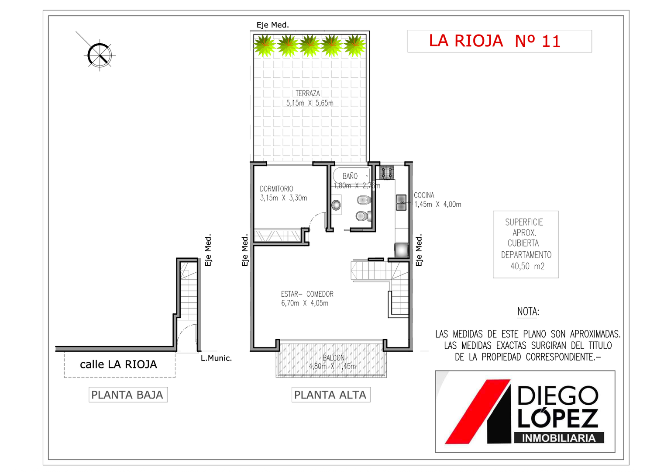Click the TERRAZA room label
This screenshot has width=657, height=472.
coord(307,94)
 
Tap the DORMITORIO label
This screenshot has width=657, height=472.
coord(276,188)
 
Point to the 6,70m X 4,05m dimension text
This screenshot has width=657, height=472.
coord(305,303)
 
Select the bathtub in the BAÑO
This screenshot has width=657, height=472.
coord(351,176)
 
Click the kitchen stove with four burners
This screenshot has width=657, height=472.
coord(387,172)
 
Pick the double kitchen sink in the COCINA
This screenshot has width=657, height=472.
coord(401,203)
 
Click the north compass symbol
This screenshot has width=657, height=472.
coord(100,55)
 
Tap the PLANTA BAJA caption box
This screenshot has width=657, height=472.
coord(128,395)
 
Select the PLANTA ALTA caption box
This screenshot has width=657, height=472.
coord(330,395)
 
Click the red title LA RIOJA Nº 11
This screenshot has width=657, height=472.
coord(495,41)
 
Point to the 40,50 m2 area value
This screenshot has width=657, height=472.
coord(527,266)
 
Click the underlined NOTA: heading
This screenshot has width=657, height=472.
coord(528,312)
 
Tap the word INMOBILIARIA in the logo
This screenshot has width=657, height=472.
coord(559,438)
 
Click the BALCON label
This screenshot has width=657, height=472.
coord(334,358)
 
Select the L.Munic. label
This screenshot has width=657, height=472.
coord(216,358)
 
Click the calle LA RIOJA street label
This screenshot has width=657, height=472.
coord(118,364)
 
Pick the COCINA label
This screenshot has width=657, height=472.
coord(424,195)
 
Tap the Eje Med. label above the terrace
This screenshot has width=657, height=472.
coord(273,25)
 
